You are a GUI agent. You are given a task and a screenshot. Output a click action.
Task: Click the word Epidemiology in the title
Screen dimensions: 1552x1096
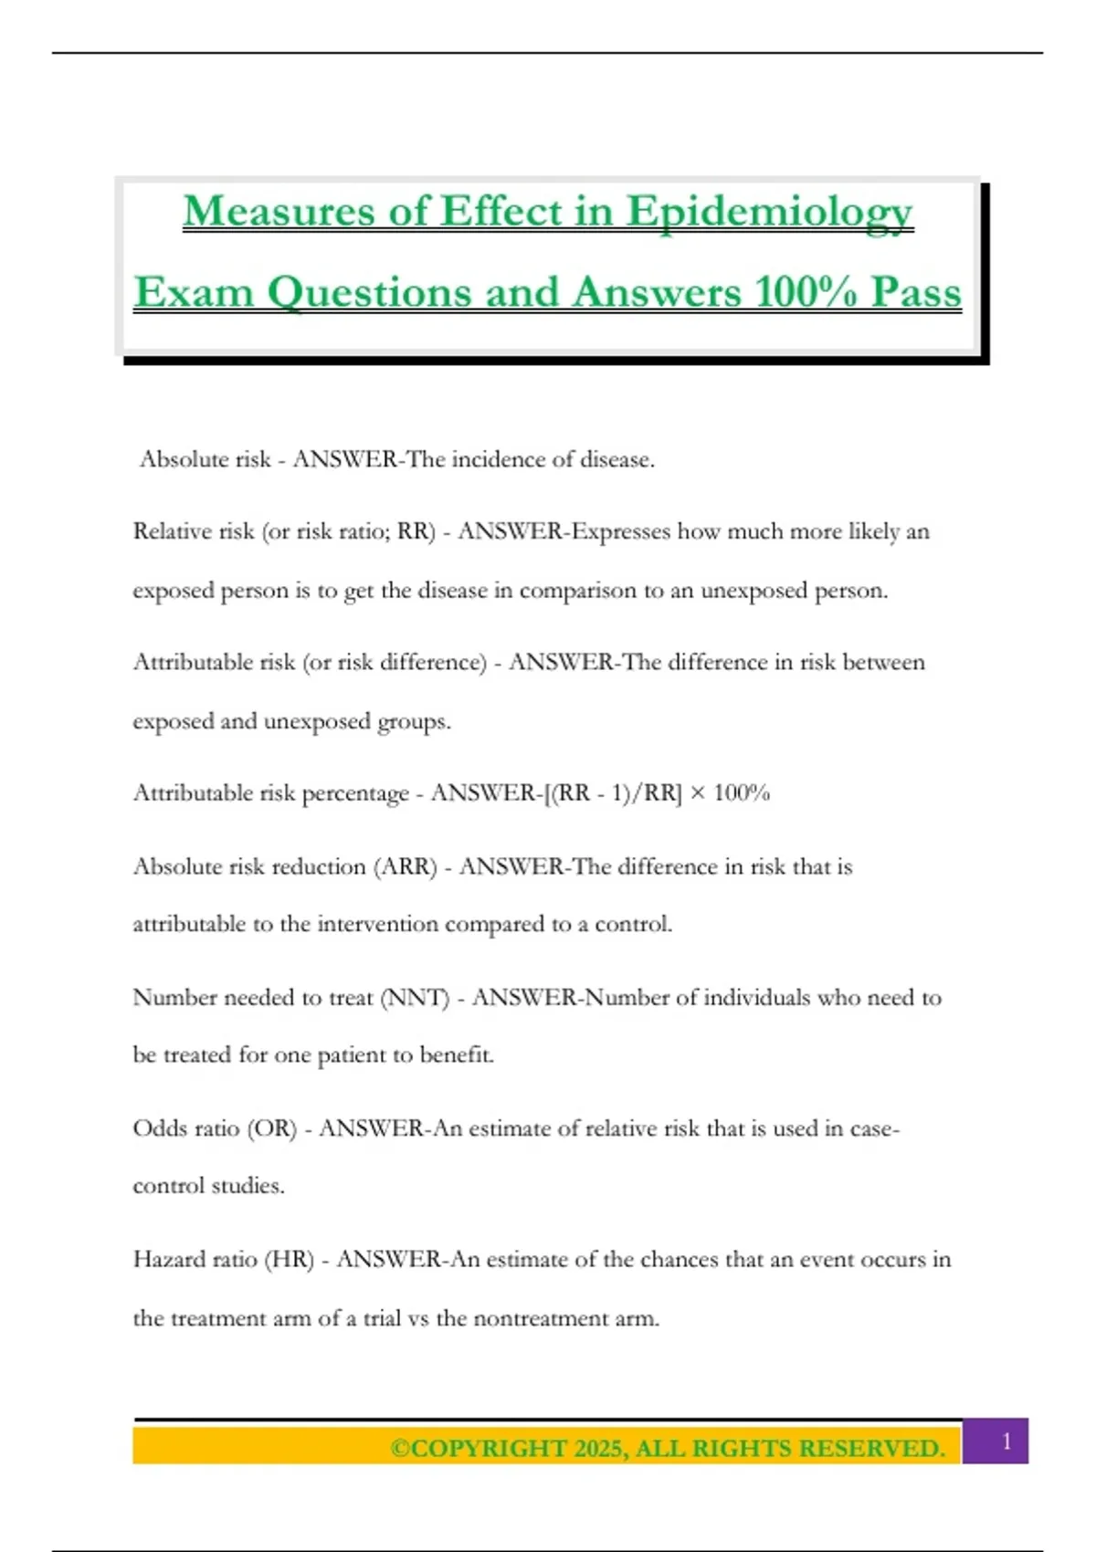click(x=769, y=212)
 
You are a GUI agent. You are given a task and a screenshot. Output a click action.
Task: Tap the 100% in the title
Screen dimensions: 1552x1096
click(x=806, y=292)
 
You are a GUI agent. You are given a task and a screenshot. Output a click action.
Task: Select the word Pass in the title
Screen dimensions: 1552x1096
click(x=915, y=292)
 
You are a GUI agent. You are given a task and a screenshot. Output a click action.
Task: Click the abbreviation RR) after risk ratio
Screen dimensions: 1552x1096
click(x=416, y=531)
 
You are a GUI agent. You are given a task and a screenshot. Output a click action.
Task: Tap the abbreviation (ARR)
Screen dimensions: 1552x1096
click(x=406, y=866)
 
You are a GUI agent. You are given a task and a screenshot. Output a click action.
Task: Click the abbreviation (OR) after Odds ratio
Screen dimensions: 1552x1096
click(x=272, y=1128)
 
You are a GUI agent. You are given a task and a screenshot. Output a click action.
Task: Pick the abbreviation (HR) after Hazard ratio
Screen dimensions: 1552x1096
click(x=289, y=1260)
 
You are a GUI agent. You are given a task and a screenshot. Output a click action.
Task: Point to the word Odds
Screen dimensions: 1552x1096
click(x=160, y=1128)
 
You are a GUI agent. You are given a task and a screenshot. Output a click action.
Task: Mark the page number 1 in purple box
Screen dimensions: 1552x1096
click(x=1006, y=1442)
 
